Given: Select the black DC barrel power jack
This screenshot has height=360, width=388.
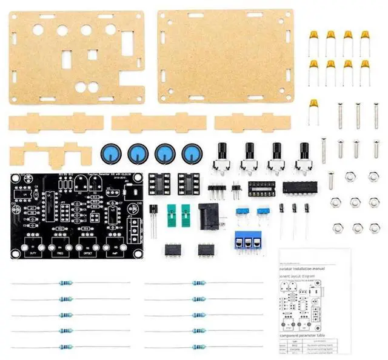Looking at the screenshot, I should (208, 216).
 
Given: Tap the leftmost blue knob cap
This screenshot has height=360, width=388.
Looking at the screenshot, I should (112, 153).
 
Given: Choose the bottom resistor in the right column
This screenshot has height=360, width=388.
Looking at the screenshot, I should (197, 347).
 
